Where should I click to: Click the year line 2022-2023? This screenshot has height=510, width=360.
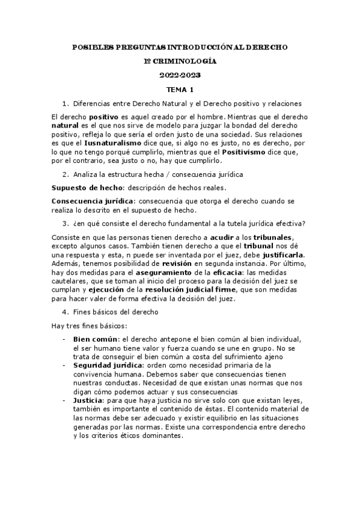click(180, 76)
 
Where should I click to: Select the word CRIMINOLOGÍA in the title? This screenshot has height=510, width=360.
click(186, 61)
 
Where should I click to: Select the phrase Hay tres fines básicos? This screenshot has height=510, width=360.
click(85, 326)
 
